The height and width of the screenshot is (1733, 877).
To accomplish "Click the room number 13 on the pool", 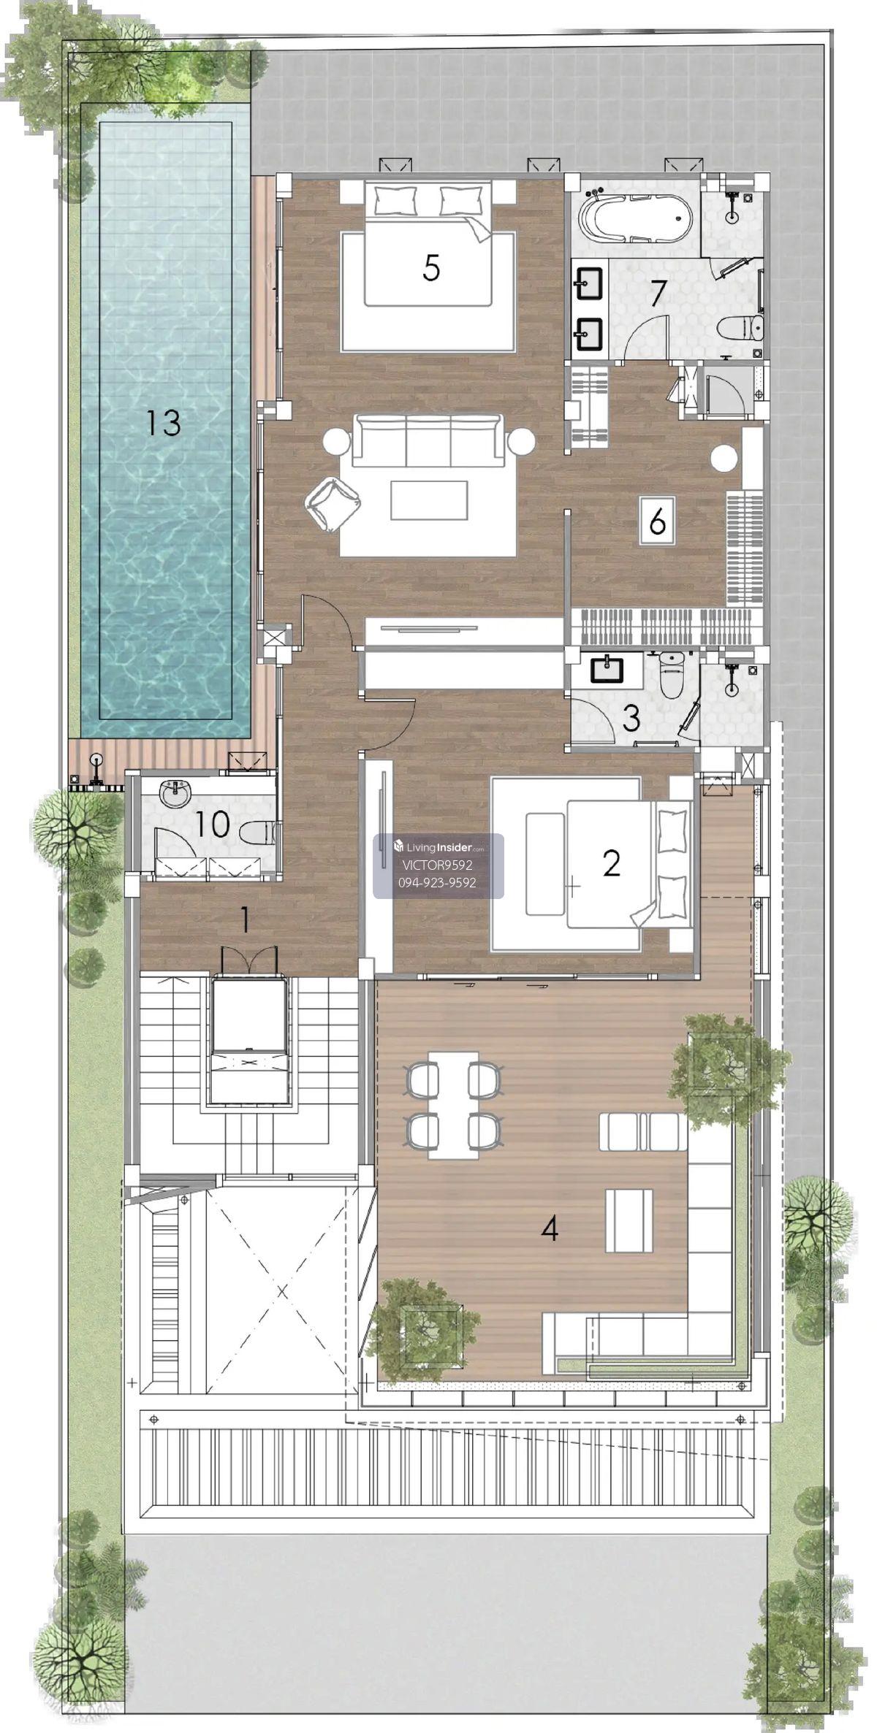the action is pyautogui.click(x=163, y=422).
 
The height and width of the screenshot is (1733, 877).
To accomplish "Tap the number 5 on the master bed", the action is pyautogui.click(x=431, y=268).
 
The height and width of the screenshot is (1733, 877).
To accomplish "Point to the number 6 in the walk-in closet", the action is pyautogui.click(x=657, y=521).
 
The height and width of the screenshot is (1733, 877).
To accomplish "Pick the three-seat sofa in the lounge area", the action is pyautogui.click(x=428, y=440).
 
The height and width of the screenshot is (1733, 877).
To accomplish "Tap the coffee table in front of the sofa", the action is pyautogui.click(x=429, y=500).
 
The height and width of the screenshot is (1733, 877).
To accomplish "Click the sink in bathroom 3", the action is pyautogui.click(x=606, y=669).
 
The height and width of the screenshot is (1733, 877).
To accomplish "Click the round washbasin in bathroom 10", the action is pyautogui.click(x=175, y=794).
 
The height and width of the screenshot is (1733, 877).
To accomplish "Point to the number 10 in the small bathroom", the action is pyautogui.click(x=213, y=825).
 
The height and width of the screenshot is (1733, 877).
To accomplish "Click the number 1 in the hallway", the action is pyautogui.click(x=246, y=920).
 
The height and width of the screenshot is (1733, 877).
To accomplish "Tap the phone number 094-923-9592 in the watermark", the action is pyautogui.click(x=437, y=882).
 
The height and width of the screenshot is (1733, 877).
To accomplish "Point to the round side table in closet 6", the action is pyautogui.click(x=724, y=459).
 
